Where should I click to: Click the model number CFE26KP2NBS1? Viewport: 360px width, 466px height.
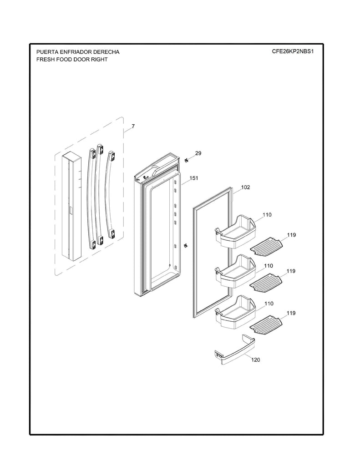click(x=293, y=51)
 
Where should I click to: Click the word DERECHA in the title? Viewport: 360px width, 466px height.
click(x=103, y=52)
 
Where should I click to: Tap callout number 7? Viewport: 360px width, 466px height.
click(x=133, y=126)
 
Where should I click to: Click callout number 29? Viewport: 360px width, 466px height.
click(x=198, y=153)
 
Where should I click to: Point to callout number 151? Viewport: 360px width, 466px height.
click(x=194, y=178)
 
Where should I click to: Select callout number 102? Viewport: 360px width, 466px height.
click(x=245, y=187)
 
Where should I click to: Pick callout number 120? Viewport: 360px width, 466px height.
click(x=256, y=360)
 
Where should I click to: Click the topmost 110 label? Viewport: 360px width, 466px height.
click(x=267, y=214)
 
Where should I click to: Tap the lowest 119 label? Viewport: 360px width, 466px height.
click(x=291, y=313)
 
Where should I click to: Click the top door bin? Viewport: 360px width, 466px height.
click(x=234, y=232)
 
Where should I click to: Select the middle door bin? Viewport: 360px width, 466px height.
click(x=234, y=272)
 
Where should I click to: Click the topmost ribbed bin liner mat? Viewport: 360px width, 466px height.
click(x=267, y=246)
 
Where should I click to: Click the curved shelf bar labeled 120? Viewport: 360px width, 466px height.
click(x=234, y=351)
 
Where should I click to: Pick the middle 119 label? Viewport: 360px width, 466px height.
click(x=291, y=271)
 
